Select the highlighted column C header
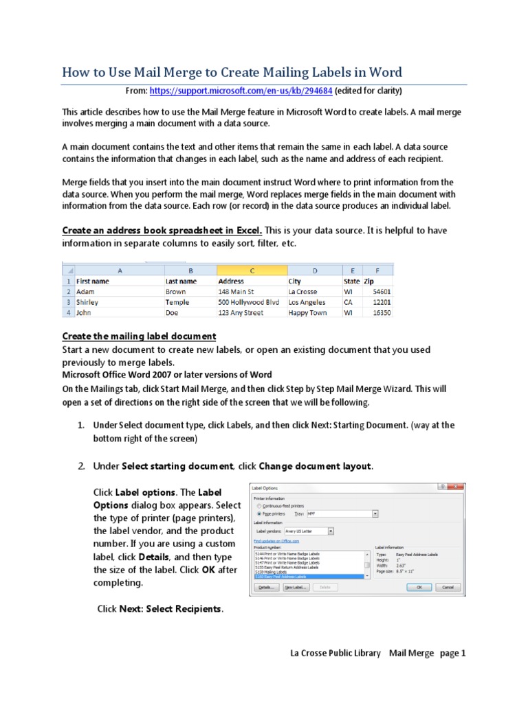click(x=251, y=270)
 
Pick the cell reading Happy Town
click(x=307, y=312)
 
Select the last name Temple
click(x=178, y=302)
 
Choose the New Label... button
click(x=296, y=588)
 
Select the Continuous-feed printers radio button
click(x=258, y=505)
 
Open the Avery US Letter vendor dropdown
click(x=331, y=531)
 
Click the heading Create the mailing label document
click(x=140, y=336)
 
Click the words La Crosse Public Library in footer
click(x=335, y=653)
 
